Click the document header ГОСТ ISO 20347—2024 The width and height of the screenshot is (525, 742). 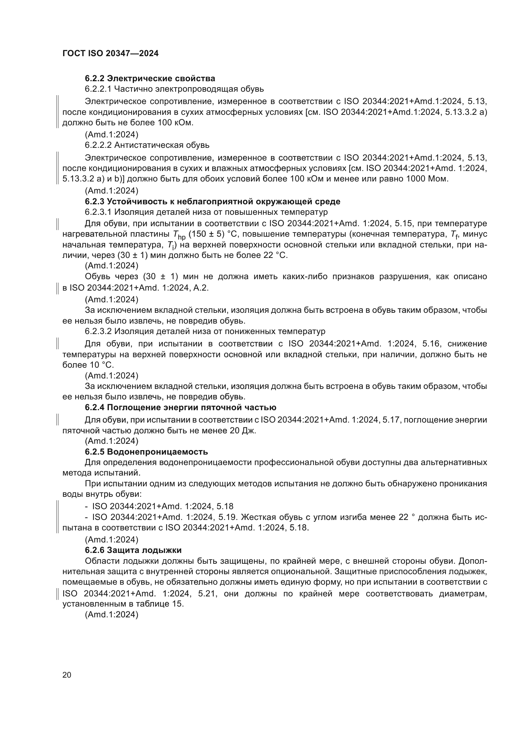pyautogui.click(x=110, y=54)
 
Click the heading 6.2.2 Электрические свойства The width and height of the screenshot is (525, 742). pyautogui.click(x=150, y=79)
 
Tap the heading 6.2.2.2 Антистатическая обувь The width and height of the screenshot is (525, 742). pyautogui.click(x=147, y=145)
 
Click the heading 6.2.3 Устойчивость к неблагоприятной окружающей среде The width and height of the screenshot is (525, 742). pyautogui.click(x=212, y=202)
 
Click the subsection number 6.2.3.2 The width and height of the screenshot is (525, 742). pyautogui.click(x=98, y=332)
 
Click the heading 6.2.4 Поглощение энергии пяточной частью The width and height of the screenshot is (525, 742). pyautogui.click(x=180, y=408)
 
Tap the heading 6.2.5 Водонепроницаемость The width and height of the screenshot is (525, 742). pyautogui.click(x=146, y=452)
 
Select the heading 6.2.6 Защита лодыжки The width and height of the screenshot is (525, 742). pyautogui.click(x=133, y=550)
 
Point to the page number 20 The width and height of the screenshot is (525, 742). pyautogui.click(x=67, y=673)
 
